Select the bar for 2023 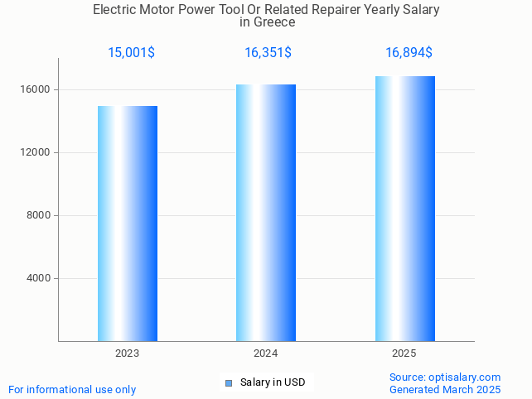point(128,224)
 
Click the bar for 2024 point(266,213)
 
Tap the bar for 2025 point(404,209)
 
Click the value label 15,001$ point(131,53)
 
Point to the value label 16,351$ point(268,53)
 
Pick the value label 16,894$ point(409,53)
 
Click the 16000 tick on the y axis point(36,89)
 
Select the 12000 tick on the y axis point(36,152)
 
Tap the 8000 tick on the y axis point(39,215)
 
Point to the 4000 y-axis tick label point(39,278)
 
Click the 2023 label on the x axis point(128,353)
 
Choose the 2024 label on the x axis point(266,353)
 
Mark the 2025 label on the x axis point(404,353)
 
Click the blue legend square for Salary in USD point(229,382)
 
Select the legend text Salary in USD point(273,382)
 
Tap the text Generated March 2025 point(445,390)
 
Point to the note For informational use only point(72,390)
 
